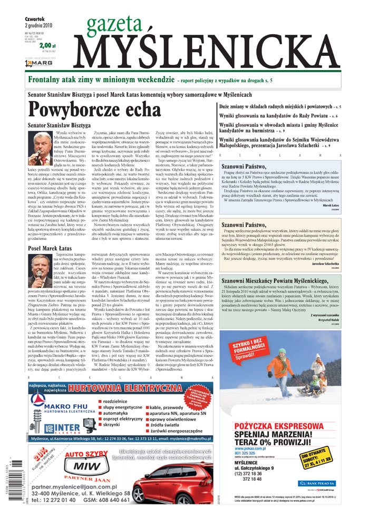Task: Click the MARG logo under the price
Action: pyautogui.click(x=38, y=63)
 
